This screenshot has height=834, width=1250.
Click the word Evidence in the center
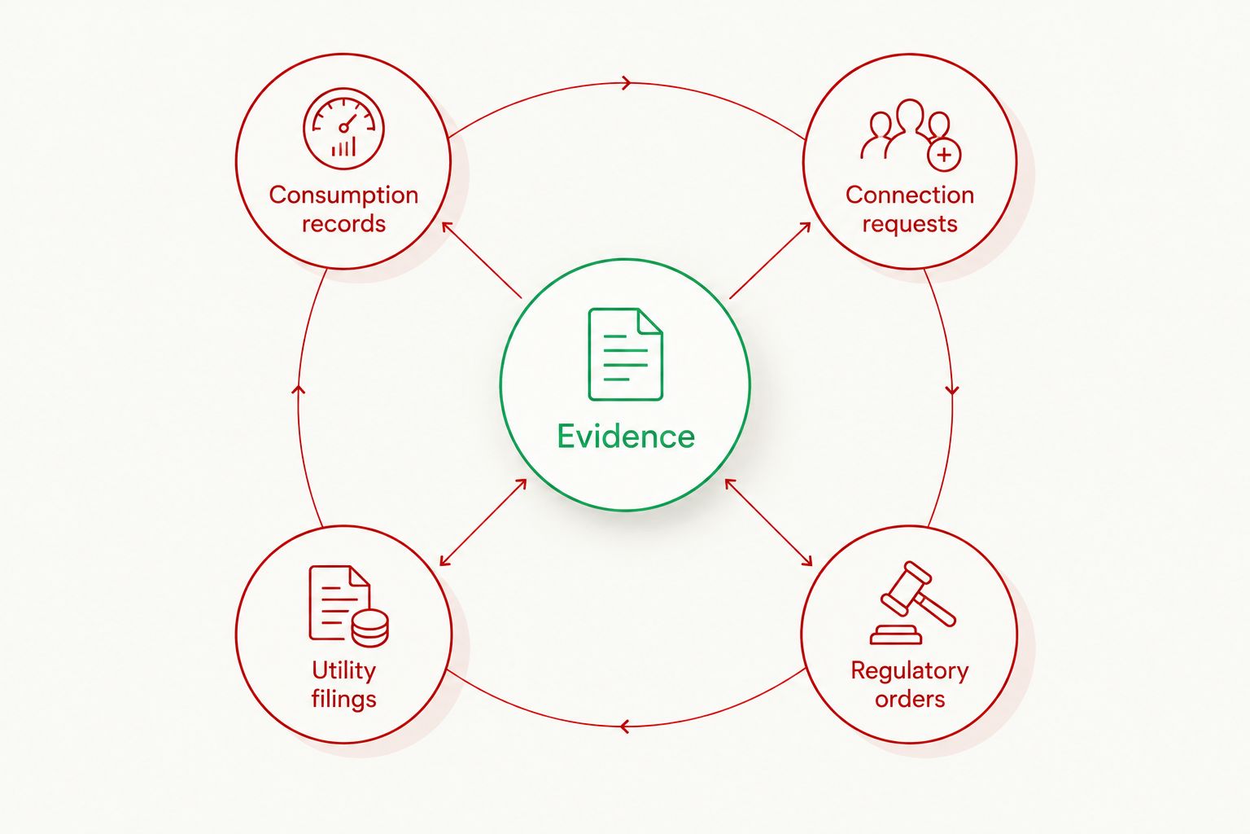[626, 437]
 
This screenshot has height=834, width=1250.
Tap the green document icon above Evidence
[626, 354]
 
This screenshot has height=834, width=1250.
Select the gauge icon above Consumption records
[343, 128]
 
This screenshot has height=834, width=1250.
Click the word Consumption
[343, 195]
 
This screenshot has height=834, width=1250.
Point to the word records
[343, 224]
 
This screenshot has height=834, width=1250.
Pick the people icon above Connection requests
[911, 134]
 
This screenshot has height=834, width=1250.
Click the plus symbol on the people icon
[944, 155]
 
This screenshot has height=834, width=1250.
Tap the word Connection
[910, 195]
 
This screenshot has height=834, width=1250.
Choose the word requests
[910, 225]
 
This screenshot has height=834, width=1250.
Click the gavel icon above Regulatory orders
[913, 603]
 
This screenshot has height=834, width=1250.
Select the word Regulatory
[910, 671]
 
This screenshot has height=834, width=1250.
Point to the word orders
[910, 700]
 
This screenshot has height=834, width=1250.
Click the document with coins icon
[349, 606]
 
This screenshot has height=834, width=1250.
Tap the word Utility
[343, 670]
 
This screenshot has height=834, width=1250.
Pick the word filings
[343, 700]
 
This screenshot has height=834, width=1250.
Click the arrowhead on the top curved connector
[626, 83]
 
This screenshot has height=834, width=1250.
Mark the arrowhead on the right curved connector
[952, 389]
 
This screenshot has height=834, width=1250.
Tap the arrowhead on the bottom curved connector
[625, 726]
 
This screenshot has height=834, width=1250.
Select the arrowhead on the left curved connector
[299, 389]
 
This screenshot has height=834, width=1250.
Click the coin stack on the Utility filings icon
[370, 628]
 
